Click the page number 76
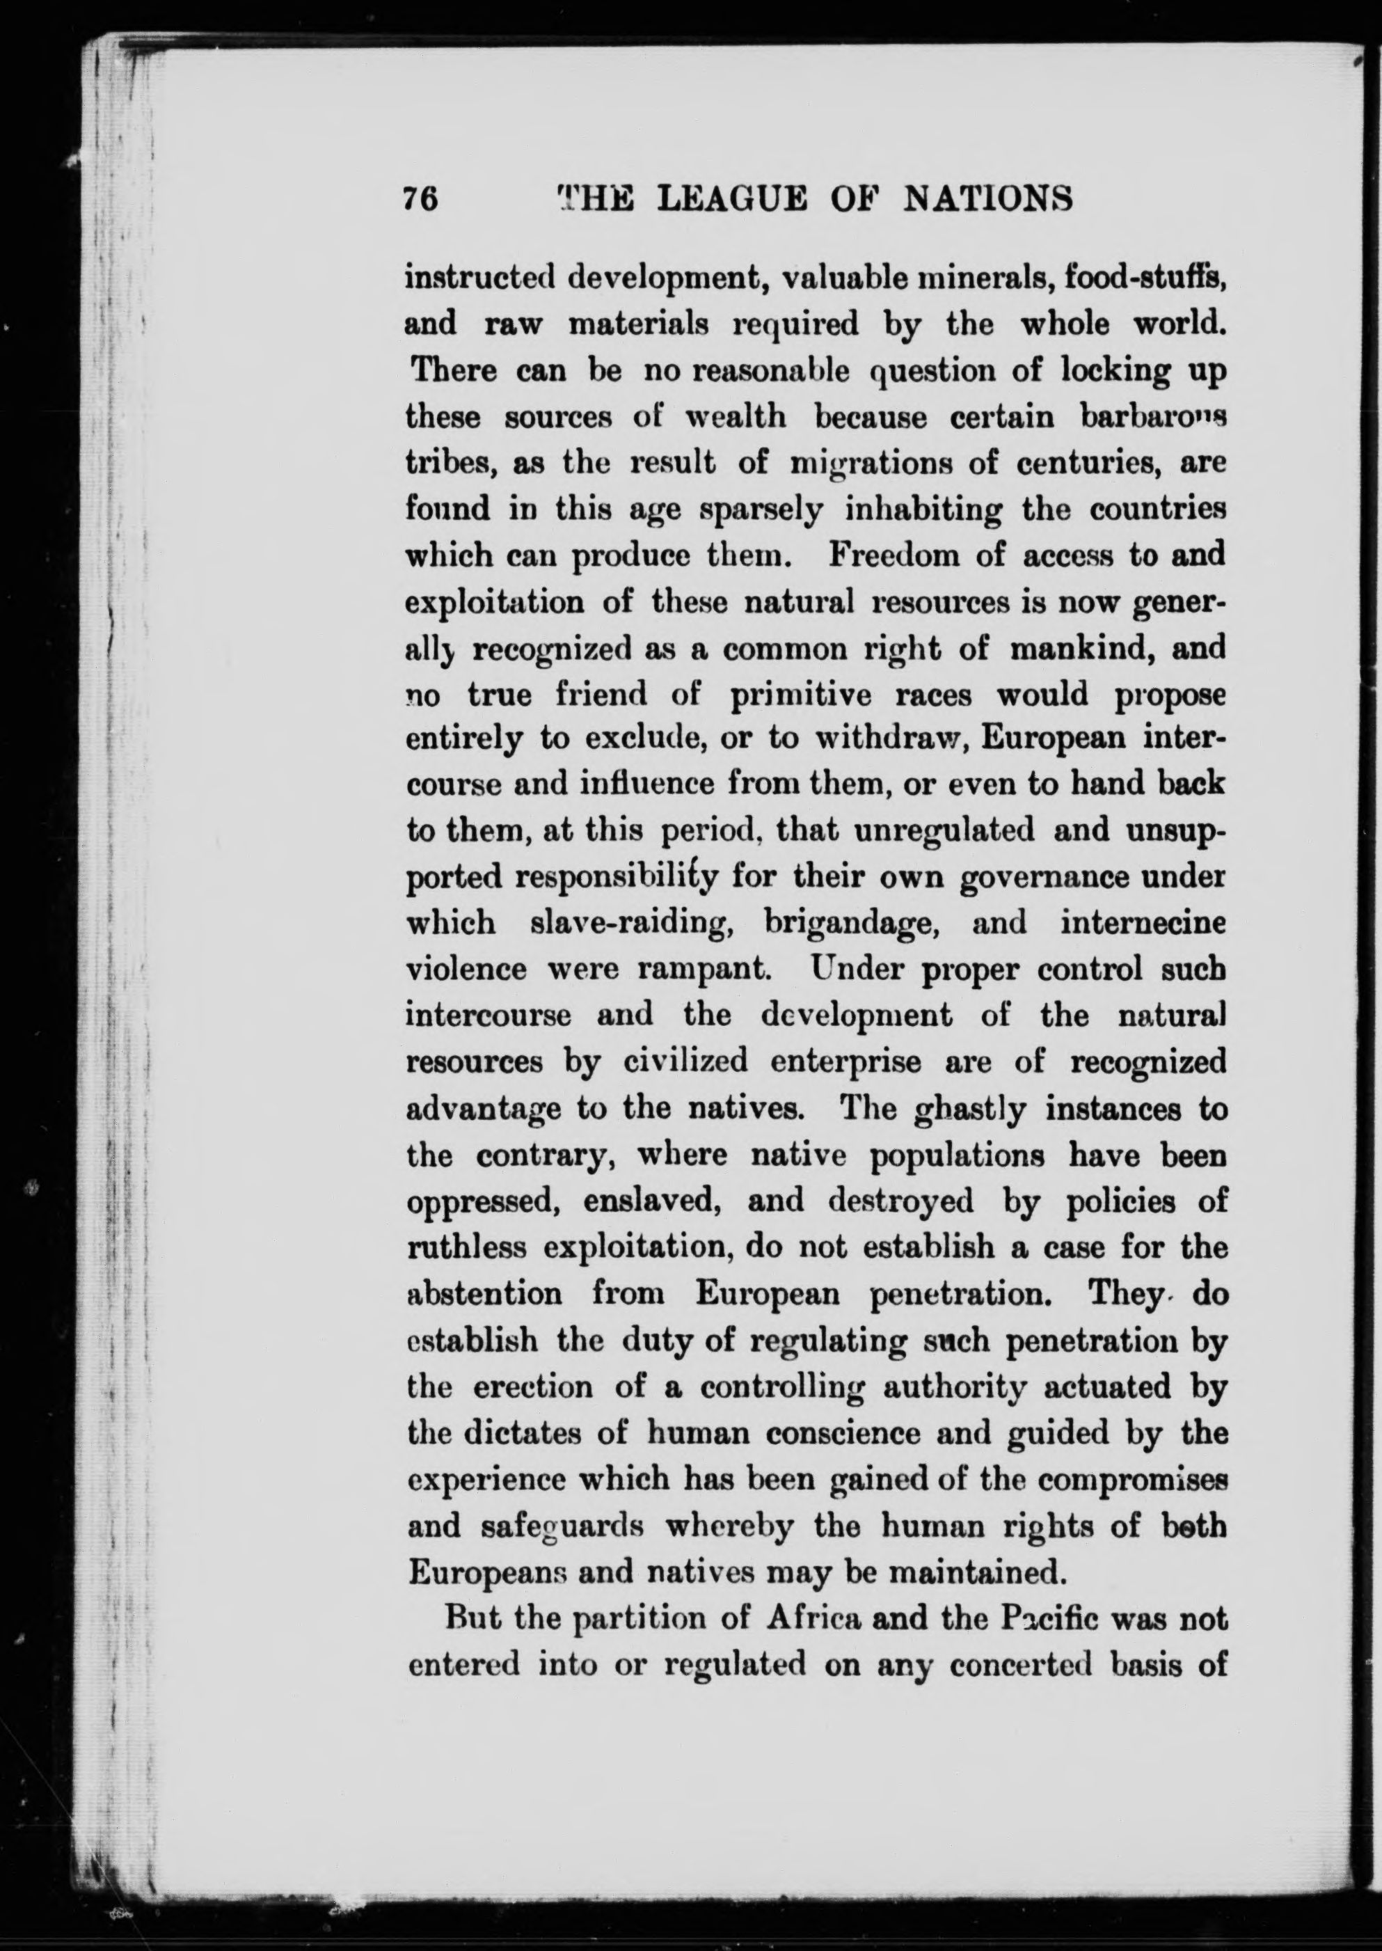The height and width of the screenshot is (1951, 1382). tap(420, 198)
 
